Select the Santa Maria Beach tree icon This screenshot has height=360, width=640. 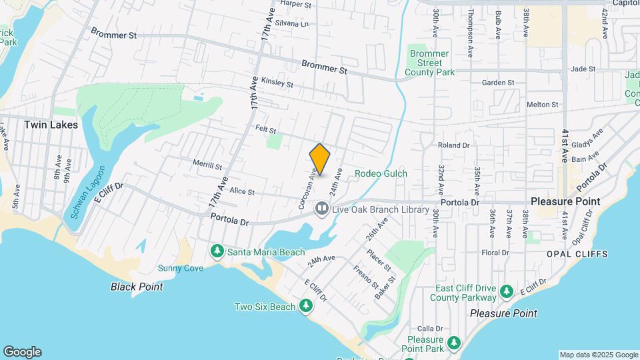217,251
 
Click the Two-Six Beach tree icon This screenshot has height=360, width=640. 306,306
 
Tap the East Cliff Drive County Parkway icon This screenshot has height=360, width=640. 507,291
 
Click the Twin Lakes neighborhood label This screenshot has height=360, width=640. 51,125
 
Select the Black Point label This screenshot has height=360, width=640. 137,287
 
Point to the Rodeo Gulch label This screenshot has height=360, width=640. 381,174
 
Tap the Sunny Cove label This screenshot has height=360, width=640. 180,268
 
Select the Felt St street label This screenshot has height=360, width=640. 265,129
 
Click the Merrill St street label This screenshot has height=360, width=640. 207,165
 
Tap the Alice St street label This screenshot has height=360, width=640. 241,191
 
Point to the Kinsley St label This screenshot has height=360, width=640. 277,83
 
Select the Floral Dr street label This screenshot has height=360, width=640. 495,253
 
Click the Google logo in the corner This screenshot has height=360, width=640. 22,352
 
